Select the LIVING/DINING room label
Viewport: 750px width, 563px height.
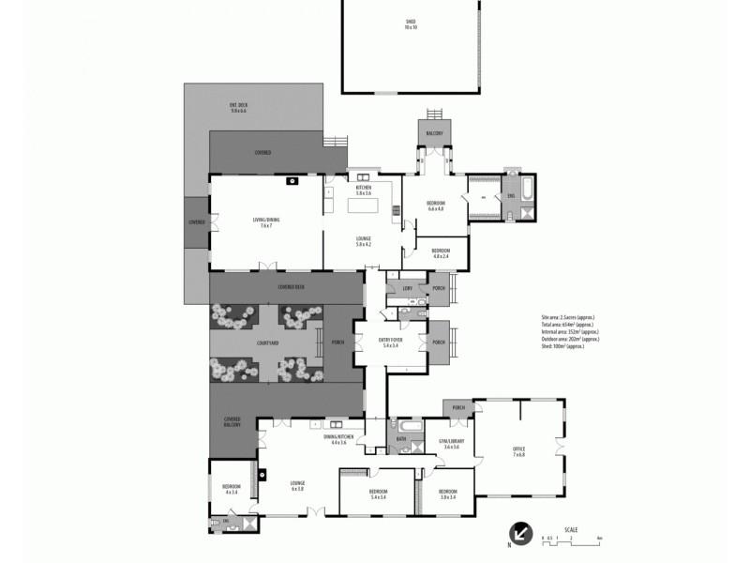(266, 222)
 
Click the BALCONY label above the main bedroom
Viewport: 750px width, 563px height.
(433, 134)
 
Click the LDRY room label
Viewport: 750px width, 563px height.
(406, 288)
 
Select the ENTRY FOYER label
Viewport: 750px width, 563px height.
(391, 343)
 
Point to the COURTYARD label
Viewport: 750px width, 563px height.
(266, 343)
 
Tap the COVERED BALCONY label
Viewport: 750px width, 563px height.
(232, 421)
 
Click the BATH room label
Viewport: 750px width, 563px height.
(401, 438)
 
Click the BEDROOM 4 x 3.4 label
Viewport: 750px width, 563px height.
(232, 488)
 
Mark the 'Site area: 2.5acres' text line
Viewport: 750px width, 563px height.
(568, 318)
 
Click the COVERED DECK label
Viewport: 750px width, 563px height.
(291, 286)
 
